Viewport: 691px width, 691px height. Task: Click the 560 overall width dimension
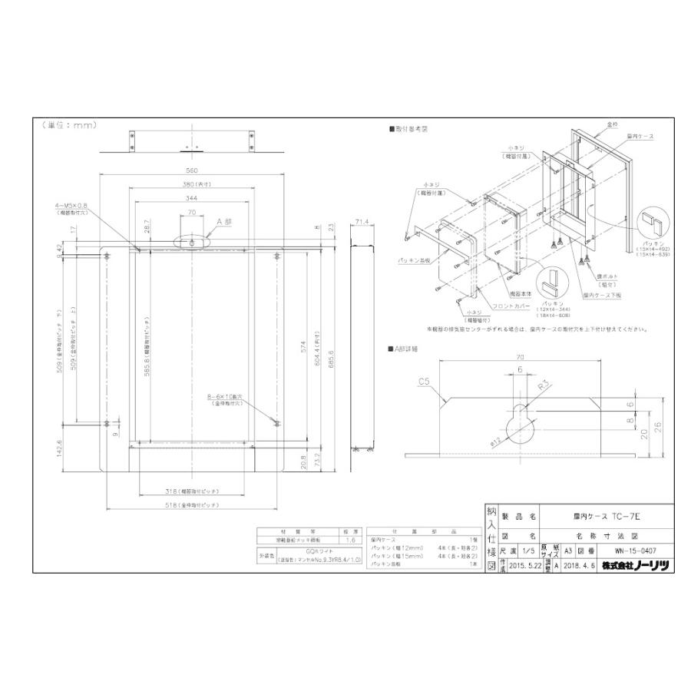[192, 170]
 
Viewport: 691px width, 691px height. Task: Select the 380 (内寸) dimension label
[192, 184]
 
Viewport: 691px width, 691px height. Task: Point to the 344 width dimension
[192, 198]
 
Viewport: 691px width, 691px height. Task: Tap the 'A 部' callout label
[223, 221]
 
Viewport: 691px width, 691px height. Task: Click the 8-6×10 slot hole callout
[228, 396]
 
